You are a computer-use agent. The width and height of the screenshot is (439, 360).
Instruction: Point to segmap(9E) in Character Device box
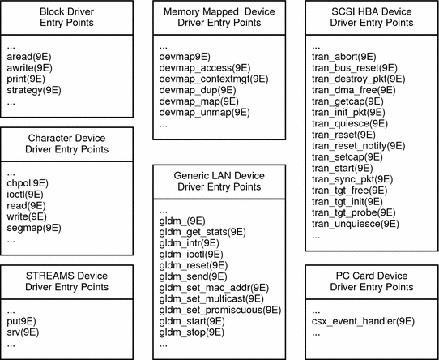point(33,229)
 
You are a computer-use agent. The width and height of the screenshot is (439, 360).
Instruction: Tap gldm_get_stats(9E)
point(202,231)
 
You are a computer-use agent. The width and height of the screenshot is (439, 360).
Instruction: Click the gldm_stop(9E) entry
point(191,332)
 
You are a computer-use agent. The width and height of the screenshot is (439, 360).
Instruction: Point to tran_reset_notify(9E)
point(358,145)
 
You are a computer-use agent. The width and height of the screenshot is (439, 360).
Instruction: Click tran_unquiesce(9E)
point(355,223)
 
